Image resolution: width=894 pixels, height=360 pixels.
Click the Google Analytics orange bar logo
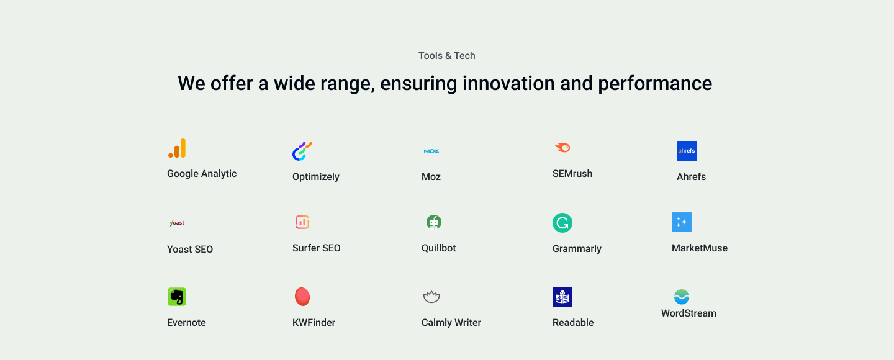(177, 148)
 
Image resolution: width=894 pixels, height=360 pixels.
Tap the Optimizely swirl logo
(302, 151)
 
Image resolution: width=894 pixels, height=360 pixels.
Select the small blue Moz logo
(431, 151)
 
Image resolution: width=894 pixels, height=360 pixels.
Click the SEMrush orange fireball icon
(562, 148)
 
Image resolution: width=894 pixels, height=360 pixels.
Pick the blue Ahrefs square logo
(687, 151)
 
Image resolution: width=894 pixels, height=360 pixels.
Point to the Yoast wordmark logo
(177, 223)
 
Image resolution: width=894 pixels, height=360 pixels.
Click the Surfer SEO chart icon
(302, 222)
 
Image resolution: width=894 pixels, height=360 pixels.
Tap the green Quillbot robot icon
(434, 222)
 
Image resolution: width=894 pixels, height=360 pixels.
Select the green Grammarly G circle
(562, 223)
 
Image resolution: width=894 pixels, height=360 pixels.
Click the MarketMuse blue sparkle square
(682, 222)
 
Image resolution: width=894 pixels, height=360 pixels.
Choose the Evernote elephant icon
(177, 297)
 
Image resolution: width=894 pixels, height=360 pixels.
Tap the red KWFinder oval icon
(302, 297)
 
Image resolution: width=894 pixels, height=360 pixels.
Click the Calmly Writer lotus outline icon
(431, 297)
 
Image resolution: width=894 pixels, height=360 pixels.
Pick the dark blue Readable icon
(562, 297)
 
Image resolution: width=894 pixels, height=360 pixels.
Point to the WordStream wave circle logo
(682, 297)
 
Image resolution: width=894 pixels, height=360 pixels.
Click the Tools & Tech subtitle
(446, 55)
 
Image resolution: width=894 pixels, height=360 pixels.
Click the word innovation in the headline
(509, 83)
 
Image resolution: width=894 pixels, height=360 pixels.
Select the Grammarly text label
(577, 249)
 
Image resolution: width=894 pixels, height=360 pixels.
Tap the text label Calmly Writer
(451, 323)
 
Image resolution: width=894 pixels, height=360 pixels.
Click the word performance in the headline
(655, 84)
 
